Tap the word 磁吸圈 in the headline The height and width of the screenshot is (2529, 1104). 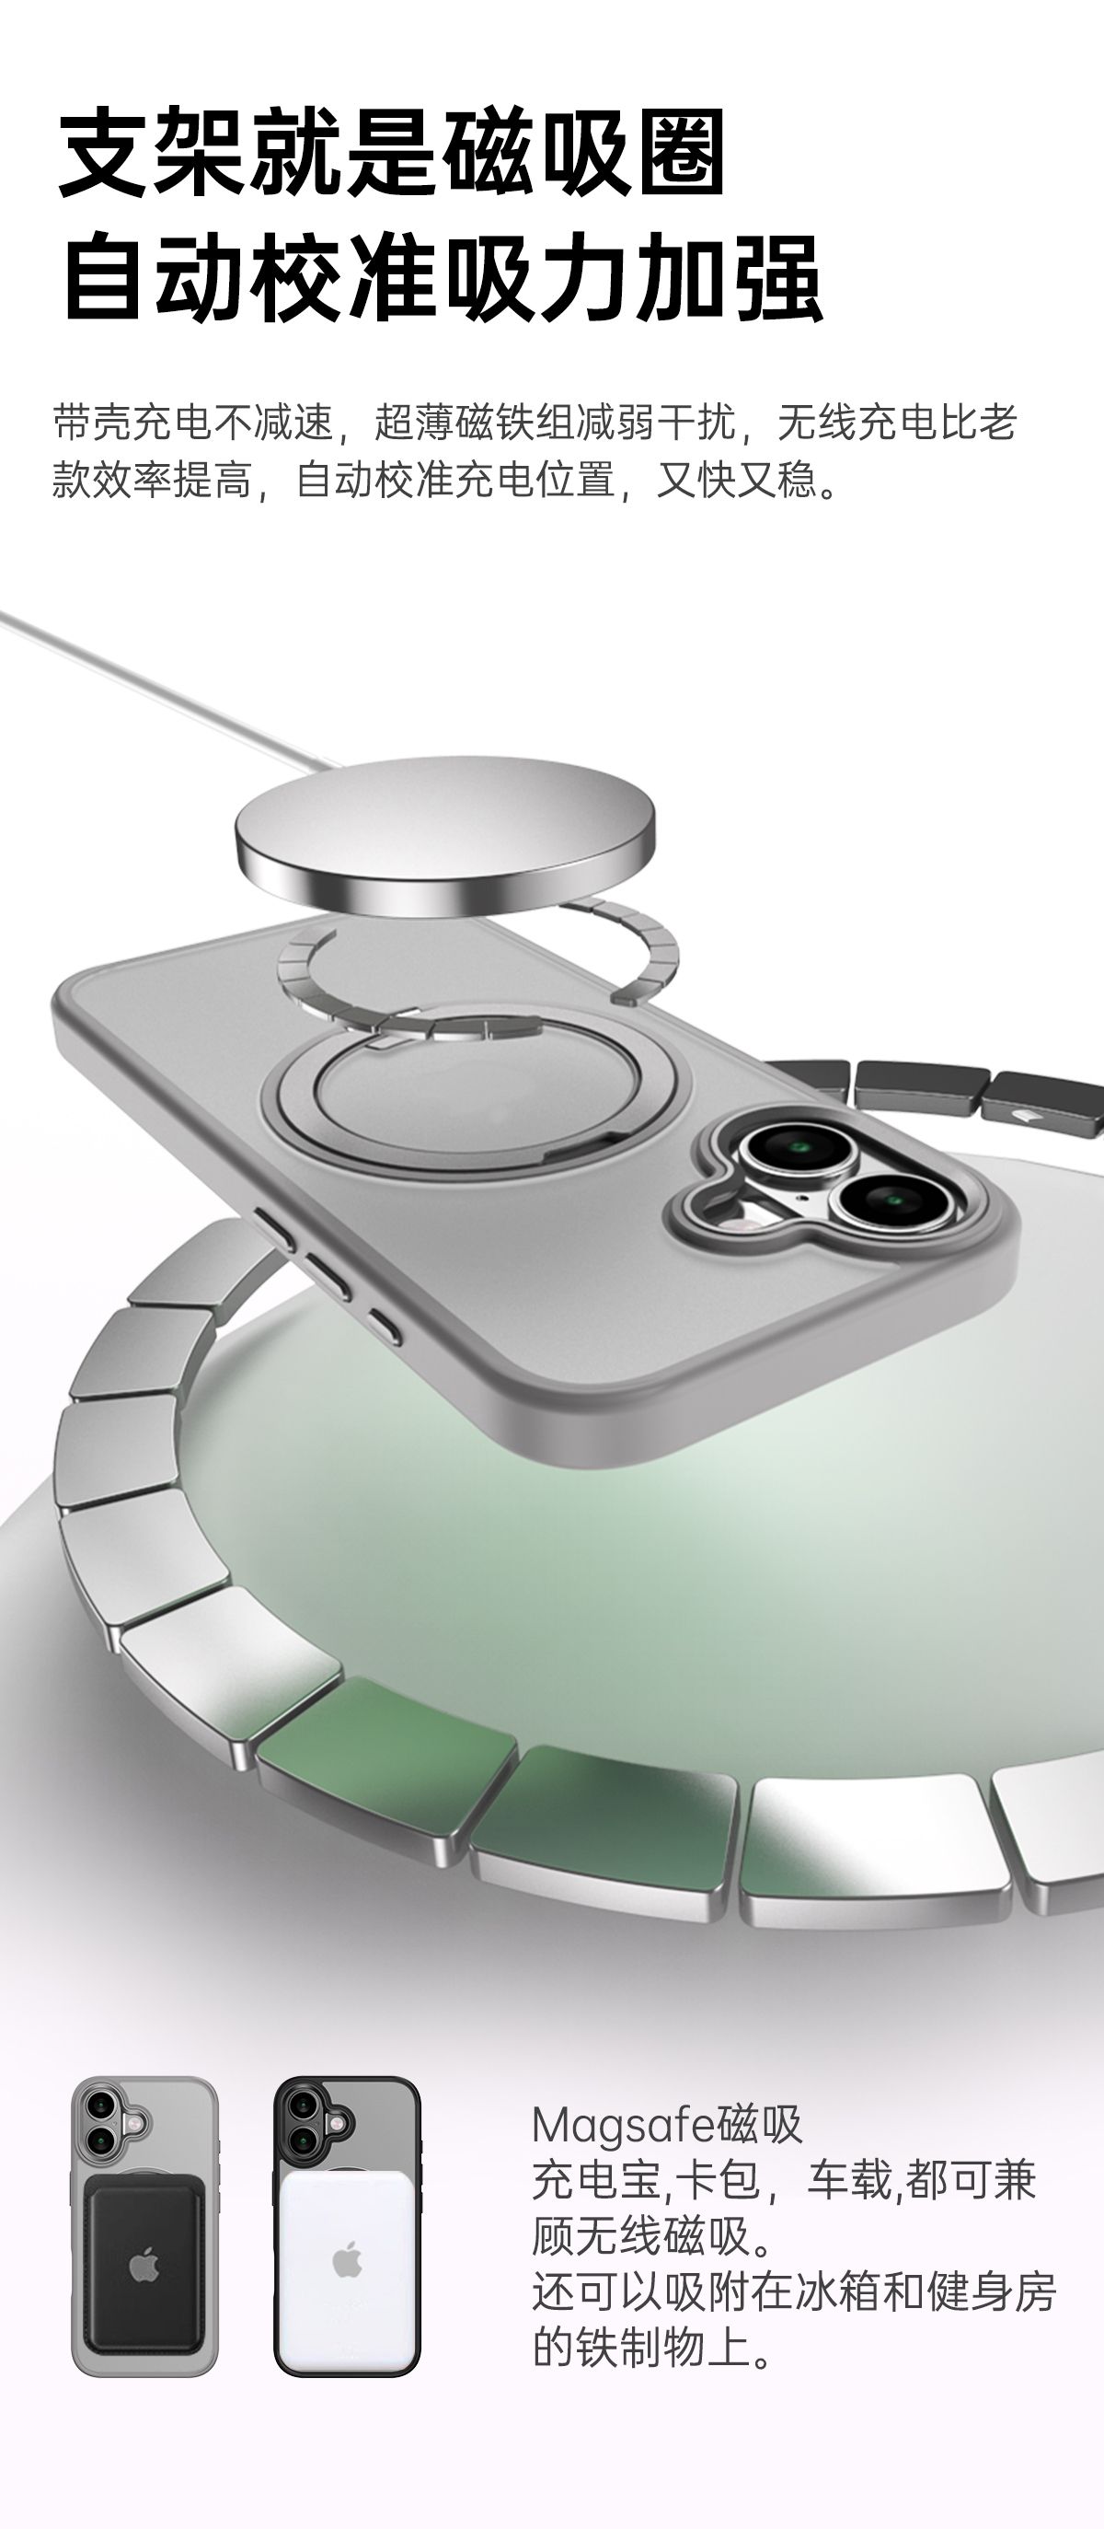pyautogui.click(x=585, y=153)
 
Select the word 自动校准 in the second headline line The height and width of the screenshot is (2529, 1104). pyautogui.click(x=250, y=278)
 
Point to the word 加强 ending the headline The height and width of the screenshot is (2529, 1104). pyautogui.click(x=727, y=278)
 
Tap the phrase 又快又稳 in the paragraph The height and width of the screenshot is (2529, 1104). pyautogui.click(x=736, y=479)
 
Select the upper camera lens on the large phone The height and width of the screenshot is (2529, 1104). pyautogui.click(x=797, y=1144)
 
